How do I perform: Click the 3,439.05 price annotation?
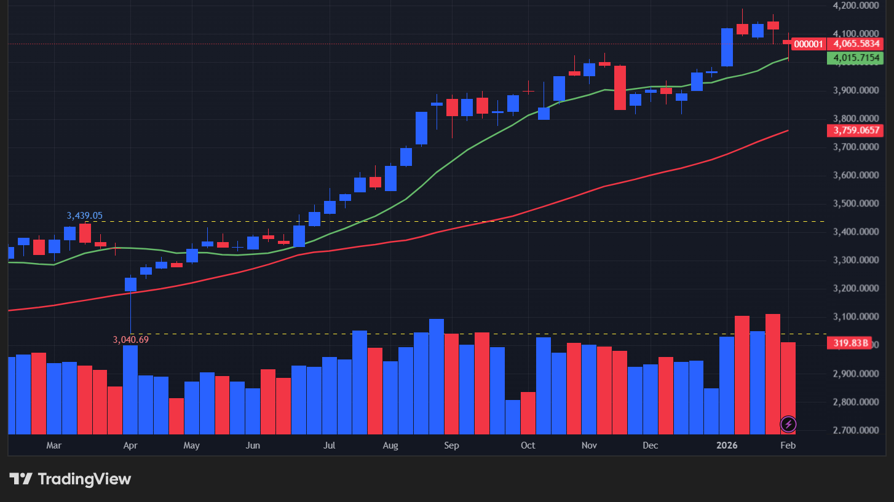84,216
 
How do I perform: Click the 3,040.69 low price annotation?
131,339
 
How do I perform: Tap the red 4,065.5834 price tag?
856,44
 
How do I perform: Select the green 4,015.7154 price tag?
856,58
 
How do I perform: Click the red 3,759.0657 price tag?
856,130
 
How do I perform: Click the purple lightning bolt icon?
788,424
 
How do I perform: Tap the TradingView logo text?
71,479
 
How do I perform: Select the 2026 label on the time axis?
732,445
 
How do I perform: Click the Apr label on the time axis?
130,445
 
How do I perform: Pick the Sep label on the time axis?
451,445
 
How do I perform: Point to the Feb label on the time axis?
788,445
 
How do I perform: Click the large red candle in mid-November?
620,88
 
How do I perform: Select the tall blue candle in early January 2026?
727,47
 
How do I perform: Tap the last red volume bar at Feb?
788,387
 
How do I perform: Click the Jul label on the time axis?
329,445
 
